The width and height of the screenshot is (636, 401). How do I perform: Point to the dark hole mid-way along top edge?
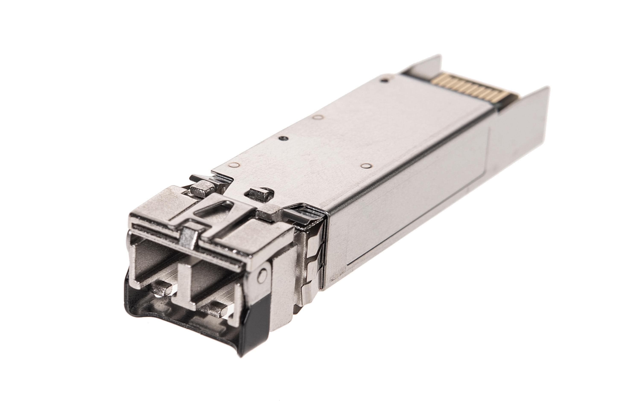click(x=283, y=138)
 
